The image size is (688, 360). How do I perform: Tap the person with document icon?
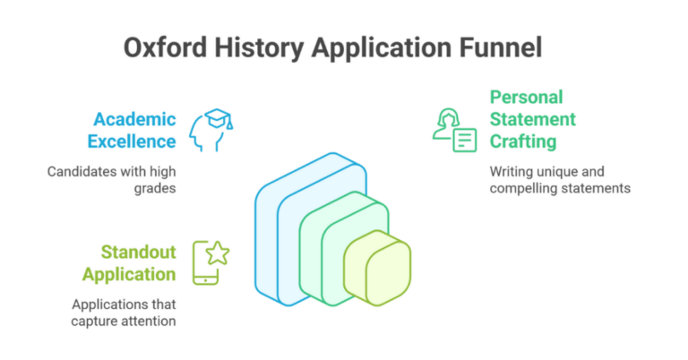click(x=454, y=130)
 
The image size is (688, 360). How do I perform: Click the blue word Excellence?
click(x=132, y=141)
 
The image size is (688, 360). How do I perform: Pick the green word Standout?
click(x=138, y=252)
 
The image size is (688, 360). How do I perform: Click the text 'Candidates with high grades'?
click(x=110, y=179)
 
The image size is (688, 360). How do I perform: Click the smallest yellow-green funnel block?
click(x=377, y=266)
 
